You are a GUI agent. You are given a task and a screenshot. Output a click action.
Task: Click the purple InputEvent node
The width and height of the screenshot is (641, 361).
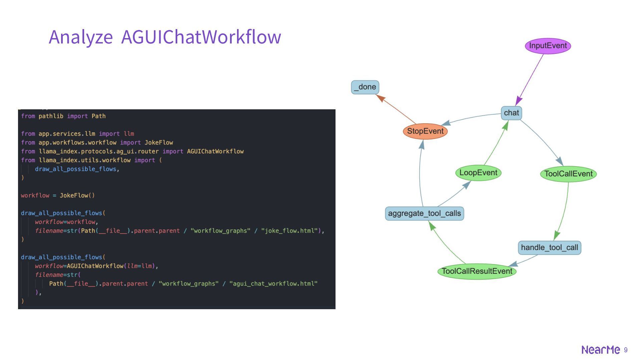coord(548,46)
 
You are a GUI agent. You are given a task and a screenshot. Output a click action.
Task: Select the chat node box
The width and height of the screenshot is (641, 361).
coord(511,113)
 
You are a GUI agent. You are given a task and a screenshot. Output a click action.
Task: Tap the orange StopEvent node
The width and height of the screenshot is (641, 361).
coord(425,131)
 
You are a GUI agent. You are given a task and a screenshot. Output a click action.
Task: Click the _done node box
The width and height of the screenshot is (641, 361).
coord(365,87)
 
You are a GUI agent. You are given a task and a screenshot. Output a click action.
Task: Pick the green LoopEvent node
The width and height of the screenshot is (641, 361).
coord(478,173)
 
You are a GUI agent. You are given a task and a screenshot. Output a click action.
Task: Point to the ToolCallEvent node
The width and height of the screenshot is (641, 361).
coord(568,174)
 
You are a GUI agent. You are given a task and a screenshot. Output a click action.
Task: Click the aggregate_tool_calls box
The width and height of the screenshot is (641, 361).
coord(424,214)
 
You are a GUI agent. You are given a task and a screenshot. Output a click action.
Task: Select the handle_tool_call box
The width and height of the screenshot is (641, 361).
coord(549,248)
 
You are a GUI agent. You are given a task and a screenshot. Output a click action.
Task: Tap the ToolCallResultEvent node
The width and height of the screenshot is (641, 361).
coord(477,271)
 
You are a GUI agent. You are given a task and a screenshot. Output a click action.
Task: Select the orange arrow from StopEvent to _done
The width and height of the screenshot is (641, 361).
coord(397,109)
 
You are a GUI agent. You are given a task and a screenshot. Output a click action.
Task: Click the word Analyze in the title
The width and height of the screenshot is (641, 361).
coord(81,37)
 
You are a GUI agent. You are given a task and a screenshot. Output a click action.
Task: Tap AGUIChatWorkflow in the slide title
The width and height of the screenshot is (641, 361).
coord(201,37)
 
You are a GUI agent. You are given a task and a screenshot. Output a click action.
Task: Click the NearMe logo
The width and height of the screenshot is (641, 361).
coord(601,350)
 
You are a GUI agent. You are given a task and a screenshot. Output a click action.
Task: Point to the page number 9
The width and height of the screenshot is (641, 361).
coord(626,350)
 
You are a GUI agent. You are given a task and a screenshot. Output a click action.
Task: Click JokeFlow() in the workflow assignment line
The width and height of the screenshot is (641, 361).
coord(77,196)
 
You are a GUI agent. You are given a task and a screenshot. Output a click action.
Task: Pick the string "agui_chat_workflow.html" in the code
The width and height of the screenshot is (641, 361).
coord(273,284)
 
